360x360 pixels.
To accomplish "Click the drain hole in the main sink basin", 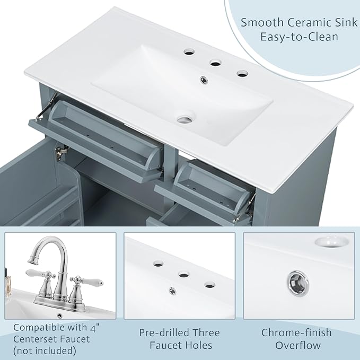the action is point(186,119).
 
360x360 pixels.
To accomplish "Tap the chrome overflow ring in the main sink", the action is point(204,80).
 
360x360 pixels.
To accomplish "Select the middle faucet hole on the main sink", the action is point(216,63).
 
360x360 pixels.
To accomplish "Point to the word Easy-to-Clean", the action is point(299,37).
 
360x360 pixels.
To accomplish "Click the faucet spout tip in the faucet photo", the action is point(31,260).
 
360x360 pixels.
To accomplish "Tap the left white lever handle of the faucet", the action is point(35,273).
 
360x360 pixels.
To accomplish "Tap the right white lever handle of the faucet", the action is point(94,282).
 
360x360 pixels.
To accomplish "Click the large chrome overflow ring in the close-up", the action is point(298,283).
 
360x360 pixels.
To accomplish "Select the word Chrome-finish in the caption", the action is point(296,332).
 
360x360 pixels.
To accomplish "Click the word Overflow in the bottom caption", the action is point(298,345).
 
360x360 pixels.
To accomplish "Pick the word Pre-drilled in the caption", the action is point(164,332).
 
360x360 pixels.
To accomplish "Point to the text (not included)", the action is point(45,351).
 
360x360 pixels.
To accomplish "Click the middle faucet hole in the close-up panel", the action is point(183,274).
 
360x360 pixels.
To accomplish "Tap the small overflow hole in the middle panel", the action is point(172,291).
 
